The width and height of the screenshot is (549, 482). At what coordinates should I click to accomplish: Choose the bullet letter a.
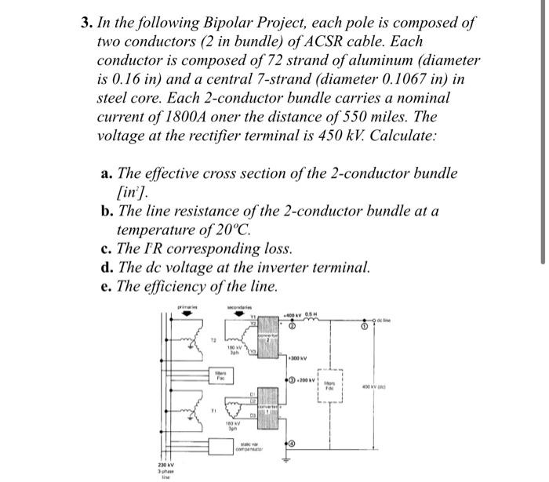point(106,173)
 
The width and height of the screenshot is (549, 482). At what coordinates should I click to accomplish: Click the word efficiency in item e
point(182,286)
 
